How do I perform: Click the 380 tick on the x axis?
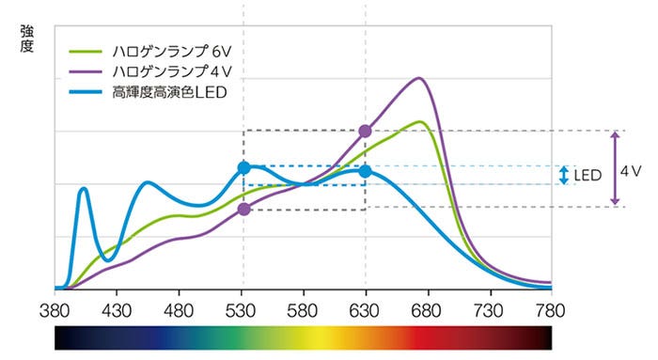[55, 307]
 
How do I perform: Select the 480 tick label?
[179, 307]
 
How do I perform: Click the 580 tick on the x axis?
[304, 307]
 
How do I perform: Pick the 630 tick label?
[365, 307]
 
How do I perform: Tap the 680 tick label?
[427, 307]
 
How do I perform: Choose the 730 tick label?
[489, 307]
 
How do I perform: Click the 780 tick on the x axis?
[551, 307]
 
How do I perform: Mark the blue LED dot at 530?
[243, 167]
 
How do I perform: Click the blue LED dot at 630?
[365, 171]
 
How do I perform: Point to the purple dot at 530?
[243, 209]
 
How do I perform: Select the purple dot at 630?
[365, 131]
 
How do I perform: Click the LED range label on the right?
[587, 176]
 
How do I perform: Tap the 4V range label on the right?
[631, 172]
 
